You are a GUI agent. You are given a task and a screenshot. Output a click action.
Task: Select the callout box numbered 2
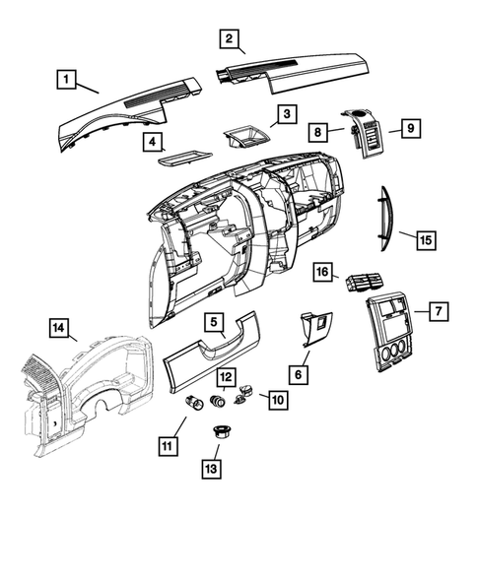pyautogui.click(x=228, y=39)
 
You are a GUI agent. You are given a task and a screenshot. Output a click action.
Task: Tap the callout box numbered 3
pyautogui.click(x=285, y=115)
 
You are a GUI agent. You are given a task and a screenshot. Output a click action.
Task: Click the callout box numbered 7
pyautogui.click(x=439, y=310)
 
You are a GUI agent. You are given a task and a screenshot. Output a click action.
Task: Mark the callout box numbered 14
pyautogui.click(x=59, y=328)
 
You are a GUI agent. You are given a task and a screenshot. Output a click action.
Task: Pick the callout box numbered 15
pyautogui.click(x=425, y=239)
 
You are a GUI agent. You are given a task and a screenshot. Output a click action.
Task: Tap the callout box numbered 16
pyautogui.click(x=322, y=271)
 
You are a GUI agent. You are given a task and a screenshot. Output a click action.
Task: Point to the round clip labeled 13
pyautogui.click(x=222, y=434)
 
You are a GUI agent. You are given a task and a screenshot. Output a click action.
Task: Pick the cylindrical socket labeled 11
pyautogui.click(x=192, y=403)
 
